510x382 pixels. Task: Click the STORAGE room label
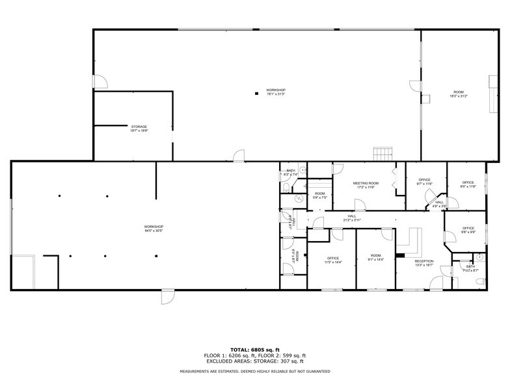[139, 127]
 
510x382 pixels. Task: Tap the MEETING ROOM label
[364, 183]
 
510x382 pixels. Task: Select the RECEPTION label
[424, 260]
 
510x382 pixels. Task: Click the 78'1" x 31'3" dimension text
[276, 94]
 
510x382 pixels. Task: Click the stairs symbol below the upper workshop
[382, 153]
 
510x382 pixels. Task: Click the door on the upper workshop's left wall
[100, 82]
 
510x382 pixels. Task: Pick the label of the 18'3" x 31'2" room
[459, 92]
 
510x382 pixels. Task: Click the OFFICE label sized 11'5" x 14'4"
[333, 258]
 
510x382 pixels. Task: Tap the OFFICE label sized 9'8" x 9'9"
[468, 228]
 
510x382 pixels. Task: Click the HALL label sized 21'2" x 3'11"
[352, 216]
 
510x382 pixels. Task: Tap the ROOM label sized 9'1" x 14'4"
[376, 256]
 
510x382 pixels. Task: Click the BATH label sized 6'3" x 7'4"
[290, 171]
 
